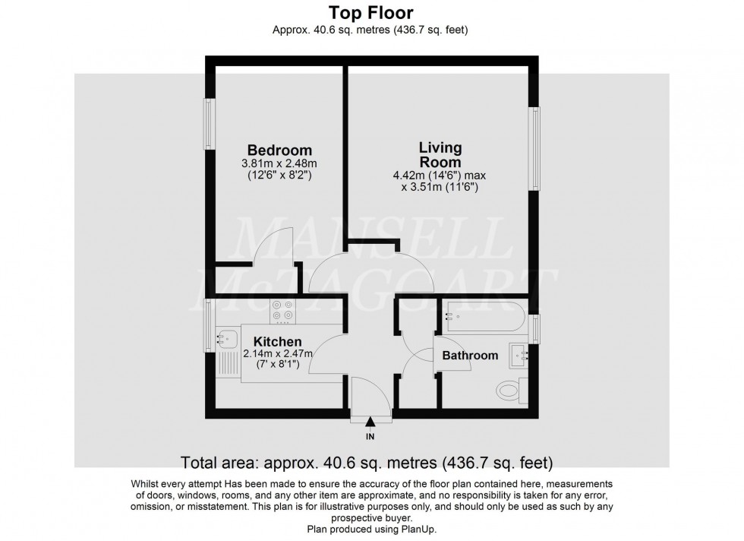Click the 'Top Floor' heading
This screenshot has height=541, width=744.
point(371,12)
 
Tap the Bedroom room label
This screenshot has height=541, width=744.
point(279,150)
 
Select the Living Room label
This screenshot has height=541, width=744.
point(440,154)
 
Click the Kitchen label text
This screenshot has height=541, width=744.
point(277,342)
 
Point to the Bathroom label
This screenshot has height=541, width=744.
point(470,355)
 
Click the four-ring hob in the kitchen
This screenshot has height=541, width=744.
point(283,310)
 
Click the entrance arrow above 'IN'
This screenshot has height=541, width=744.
point(370,422)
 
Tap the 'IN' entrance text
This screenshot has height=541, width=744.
point(370,436)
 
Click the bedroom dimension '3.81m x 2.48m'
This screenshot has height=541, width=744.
point(279,163)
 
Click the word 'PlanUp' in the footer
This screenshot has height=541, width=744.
point(419,529)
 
